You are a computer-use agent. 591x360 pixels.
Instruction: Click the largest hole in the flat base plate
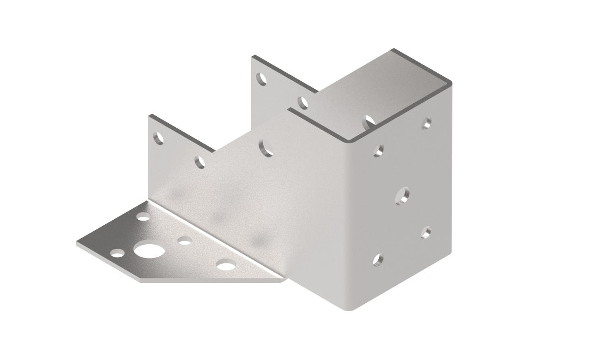[x=149, y=251]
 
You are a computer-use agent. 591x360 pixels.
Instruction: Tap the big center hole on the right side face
[x=402, y=195]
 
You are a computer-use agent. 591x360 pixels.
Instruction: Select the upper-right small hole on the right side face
[x=427, y=123]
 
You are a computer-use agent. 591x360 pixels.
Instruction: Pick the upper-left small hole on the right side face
[x=378, y=150]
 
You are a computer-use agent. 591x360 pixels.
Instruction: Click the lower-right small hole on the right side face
[x=426, y=232]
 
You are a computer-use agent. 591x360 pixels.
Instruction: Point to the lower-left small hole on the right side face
[x=378, y=260]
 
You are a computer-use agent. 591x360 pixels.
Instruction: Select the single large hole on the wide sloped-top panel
[x=265, y=148]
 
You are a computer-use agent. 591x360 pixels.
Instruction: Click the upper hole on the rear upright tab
[x=261, y=79]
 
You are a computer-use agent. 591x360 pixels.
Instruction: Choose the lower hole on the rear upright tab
[x=302, y=102]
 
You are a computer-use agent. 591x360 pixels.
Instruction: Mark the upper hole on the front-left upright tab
[x=158, y=138]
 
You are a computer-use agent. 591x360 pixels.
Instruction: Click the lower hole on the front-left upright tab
[x=199, y=162]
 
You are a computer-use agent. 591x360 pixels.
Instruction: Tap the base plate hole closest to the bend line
[x=143, y=216]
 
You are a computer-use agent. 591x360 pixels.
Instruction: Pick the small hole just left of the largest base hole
[x=117, y=253]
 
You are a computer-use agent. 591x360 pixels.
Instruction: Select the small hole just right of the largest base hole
[x=185, y=240]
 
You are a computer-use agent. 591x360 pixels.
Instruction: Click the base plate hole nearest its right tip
[x=226, y=264]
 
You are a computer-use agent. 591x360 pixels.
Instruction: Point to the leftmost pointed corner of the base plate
[x=77, y=243]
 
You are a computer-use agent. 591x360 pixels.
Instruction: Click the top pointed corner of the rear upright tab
[x=252, y=57]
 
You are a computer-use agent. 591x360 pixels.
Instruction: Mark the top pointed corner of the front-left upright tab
[x=149, y=116]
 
